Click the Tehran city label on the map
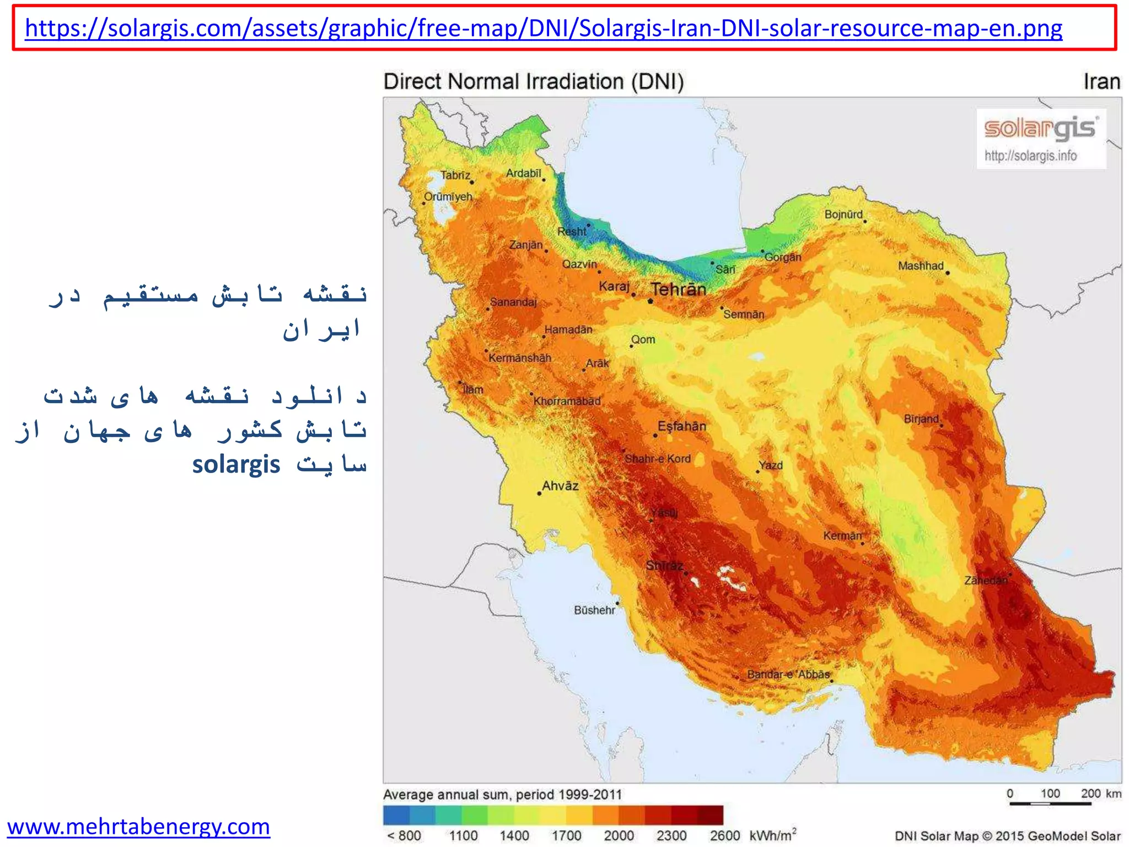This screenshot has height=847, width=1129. [678, 289]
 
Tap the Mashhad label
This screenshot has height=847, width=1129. [921, 266]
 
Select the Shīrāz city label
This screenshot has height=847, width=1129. [664, 565]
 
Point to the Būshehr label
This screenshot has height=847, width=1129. [594, 610]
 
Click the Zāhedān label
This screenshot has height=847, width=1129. [986, 580]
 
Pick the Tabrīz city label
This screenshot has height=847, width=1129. [455, 175]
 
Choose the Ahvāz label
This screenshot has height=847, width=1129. [560, 486]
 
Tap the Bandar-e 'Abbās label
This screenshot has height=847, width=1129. [788, 674]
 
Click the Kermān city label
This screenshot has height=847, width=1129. [842, 535]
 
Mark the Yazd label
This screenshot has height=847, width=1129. [771, 465]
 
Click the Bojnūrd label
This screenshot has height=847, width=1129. [843, 214]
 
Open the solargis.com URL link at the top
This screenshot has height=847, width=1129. [544, 28]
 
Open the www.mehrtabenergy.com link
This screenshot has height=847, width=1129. [138, 826]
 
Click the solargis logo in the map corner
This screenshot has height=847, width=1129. [1041, 129]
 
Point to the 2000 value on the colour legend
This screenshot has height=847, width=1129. [619, 836]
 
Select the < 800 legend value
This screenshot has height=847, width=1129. [404, 836]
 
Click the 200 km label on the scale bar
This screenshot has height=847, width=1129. [1100, 794]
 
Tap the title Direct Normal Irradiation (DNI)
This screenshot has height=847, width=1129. [534, 82]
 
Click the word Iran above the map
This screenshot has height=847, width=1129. [1101, 82]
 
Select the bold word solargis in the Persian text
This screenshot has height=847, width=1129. [236, 464]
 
